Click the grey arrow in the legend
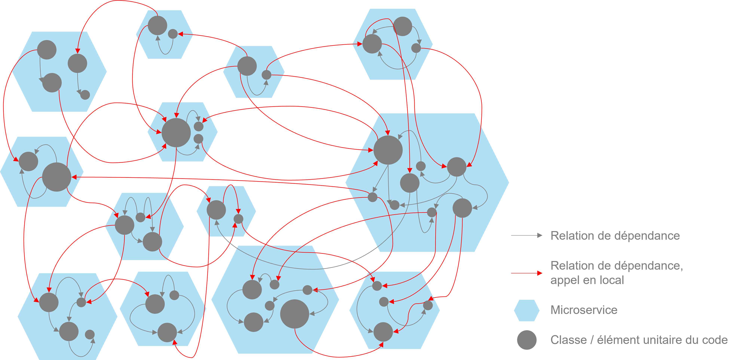[x=526, y=235]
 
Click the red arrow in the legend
[x=526, y=273]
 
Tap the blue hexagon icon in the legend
[x=526, y=310]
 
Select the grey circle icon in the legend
[x=526, y=340]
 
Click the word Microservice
[x=584, y=310]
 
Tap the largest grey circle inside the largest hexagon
[x=388, y=150]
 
